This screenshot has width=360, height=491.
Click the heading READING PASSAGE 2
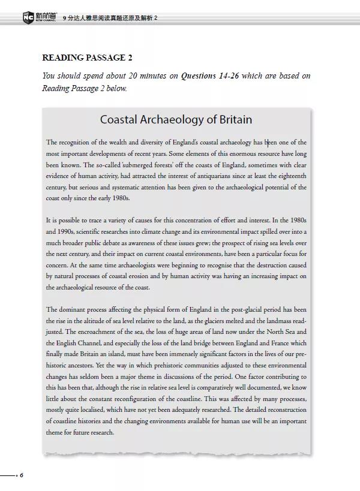[88, 58]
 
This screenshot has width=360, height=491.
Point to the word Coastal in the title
[120, 119]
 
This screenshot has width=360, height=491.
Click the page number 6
[22, 475]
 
